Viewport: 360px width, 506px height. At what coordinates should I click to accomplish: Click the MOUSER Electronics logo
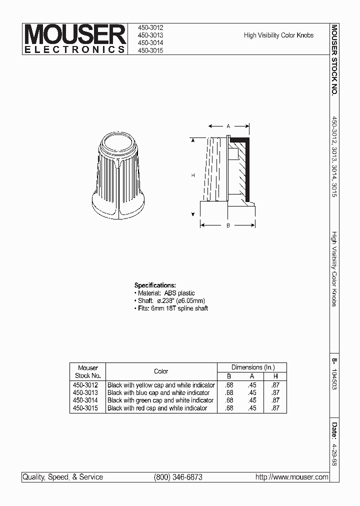pos(75,39)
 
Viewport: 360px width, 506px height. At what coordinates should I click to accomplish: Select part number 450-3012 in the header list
pos(150,28)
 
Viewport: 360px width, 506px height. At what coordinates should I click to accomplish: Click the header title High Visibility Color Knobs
pos(278,35)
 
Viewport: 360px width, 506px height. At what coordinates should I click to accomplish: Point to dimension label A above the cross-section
pos(228,126)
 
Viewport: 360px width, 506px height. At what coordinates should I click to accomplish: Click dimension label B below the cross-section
pos(228,226)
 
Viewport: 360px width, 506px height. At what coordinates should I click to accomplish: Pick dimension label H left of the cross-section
pos(193,175)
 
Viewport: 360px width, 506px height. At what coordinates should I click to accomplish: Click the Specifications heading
pos(155,285)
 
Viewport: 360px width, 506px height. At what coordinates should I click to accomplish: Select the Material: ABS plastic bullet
pos(165,293)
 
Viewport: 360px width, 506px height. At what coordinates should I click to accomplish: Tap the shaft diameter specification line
pos(170,300)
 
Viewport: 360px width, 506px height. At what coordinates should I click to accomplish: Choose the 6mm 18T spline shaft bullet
pos(171,308)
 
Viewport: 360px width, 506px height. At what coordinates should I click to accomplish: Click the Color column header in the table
pos(161,371)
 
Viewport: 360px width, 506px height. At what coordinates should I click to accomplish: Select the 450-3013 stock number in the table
pos(85,393)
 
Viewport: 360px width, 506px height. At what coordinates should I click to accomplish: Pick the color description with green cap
pos(160,400)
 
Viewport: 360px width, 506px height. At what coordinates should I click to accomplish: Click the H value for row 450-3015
pos(275,408)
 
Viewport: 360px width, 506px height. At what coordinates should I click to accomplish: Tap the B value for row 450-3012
pos(229,385)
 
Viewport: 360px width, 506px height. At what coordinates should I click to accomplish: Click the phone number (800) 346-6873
pos(178,477)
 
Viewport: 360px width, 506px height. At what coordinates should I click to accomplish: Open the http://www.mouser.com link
pos(291,477)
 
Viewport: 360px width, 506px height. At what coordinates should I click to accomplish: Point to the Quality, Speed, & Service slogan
pos(62,477)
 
